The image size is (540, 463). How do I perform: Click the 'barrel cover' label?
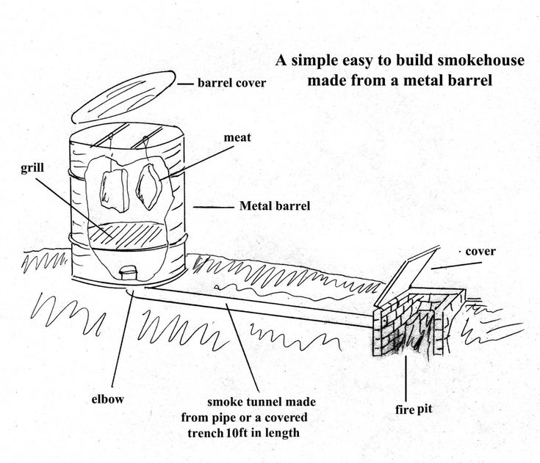(x=231, y=83)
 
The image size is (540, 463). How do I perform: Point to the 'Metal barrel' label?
(x=274, y=206)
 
